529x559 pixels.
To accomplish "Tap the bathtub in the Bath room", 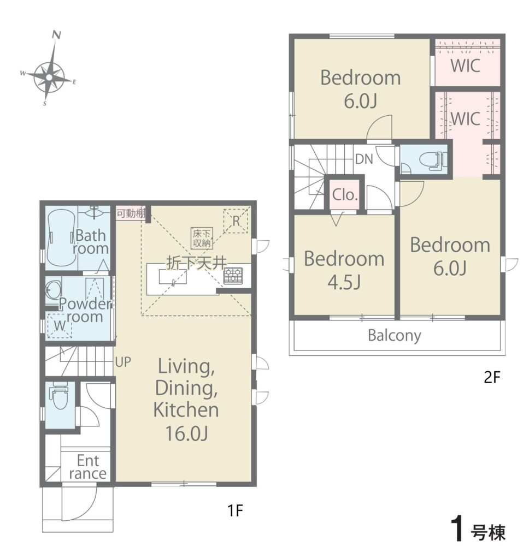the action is [x=61, y=238].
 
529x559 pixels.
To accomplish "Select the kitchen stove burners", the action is [x=233, y=275].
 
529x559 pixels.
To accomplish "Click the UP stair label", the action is [x=123, y=362].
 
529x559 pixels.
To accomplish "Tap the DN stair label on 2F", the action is [x=364, y=159].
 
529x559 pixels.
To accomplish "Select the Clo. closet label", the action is [x=345, y=195].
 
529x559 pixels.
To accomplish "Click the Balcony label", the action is [x=395, y=336].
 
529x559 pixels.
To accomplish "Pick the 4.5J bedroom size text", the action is [x=344, y=282].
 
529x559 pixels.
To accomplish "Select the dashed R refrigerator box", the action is [x=236, y=221].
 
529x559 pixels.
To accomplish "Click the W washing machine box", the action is [x=60, y=325].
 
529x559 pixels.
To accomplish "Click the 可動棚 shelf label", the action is [x=131, y=213].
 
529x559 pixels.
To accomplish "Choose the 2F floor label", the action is [x=492, y=377].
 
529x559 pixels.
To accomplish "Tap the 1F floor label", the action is [x=236, y=511].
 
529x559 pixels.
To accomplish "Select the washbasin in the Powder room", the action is [x=54, y=290].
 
